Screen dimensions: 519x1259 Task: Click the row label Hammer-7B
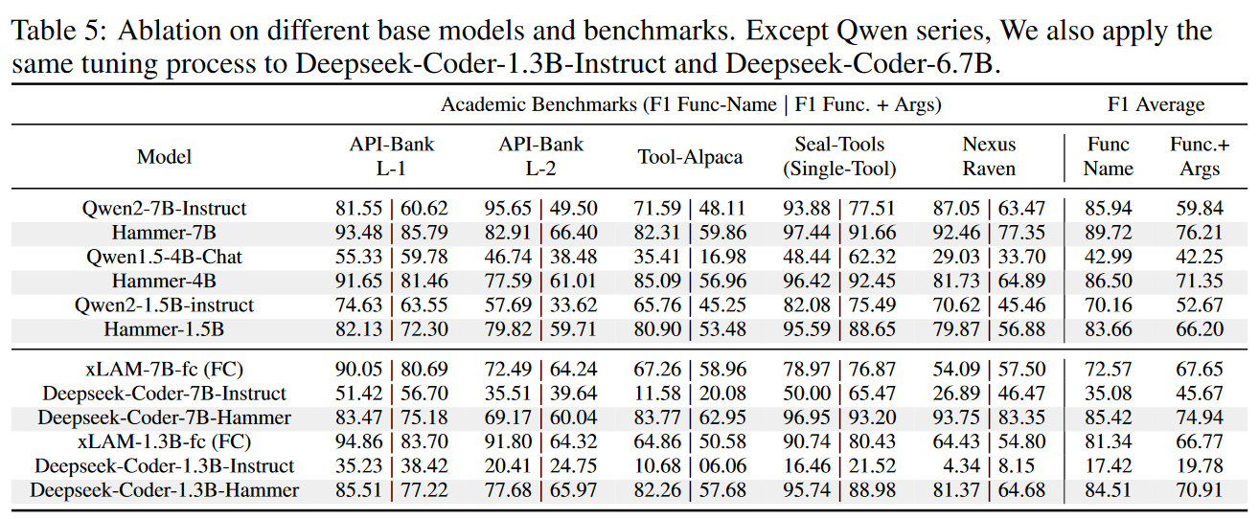tap(164, 233)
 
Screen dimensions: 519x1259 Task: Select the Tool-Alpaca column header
tap(690, 157)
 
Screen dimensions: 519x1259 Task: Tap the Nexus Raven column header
tap(989, 157)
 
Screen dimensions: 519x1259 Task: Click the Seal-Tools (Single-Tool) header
tap(839, 157)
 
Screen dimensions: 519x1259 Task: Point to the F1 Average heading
tap(1156, 104)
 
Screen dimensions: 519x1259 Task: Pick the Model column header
tap(164, 157)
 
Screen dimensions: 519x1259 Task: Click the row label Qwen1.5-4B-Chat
tap(164, 257)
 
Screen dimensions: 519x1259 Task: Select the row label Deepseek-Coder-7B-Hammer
tap(164, 417)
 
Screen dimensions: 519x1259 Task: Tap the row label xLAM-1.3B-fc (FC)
tap(164, 441)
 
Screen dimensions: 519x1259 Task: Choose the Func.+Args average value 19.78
tap(1199, 466)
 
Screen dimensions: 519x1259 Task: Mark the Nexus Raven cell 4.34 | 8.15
tap(989, 466)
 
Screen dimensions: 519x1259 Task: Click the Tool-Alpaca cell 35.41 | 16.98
tap(690, 257)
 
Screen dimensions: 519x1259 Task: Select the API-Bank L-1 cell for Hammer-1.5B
tap(391, 329)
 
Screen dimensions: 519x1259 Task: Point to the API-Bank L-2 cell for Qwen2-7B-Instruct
tap(540, 209)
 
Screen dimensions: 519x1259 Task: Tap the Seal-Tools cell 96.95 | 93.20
tap(839, 417)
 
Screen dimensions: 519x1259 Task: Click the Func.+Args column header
tap(1199, 157)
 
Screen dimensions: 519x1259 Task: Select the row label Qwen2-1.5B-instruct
tap(164, 305)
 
